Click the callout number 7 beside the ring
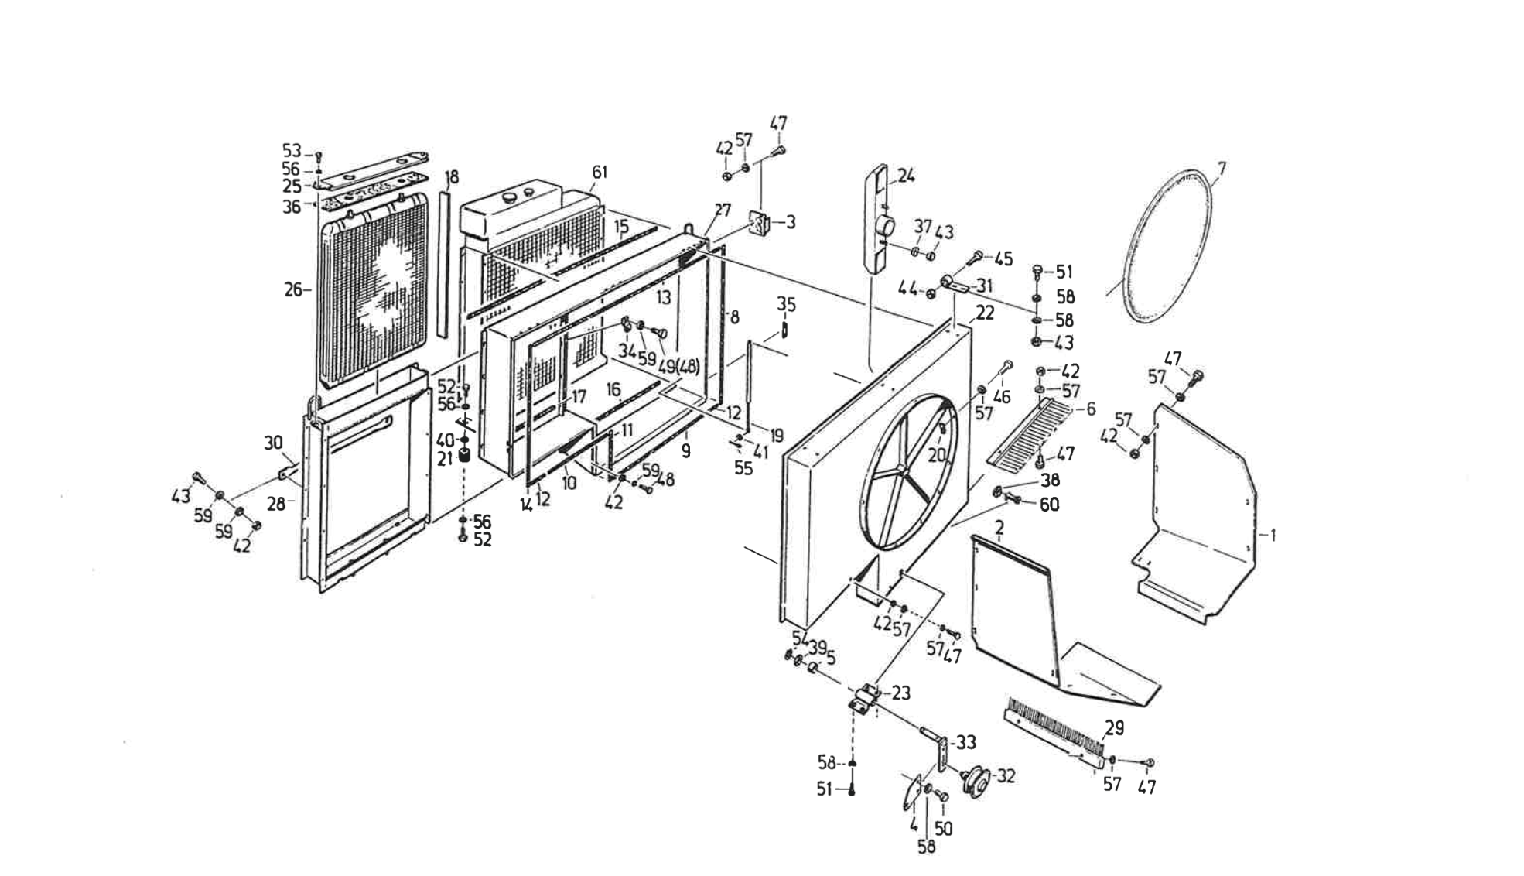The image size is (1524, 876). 1222,168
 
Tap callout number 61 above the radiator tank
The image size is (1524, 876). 600,172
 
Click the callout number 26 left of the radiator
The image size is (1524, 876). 293,290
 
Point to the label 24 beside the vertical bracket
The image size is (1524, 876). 907,176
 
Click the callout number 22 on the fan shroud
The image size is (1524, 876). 985,313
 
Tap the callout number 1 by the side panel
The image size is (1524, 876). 1273,535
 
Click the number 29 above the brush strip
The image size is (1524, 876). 1114,727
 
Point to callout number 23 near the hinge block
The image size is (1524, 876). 900,693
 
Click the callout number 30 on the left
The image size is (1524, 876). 273,443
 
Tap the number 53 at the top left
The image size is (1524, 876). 291,150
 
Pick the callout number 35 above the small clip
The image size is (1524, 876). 786,305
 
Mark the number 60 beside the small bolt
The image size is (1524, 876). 1050,505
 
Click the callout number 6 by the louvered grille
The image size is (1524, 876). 1091,409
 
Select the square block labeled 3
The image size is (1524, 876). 760,224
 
